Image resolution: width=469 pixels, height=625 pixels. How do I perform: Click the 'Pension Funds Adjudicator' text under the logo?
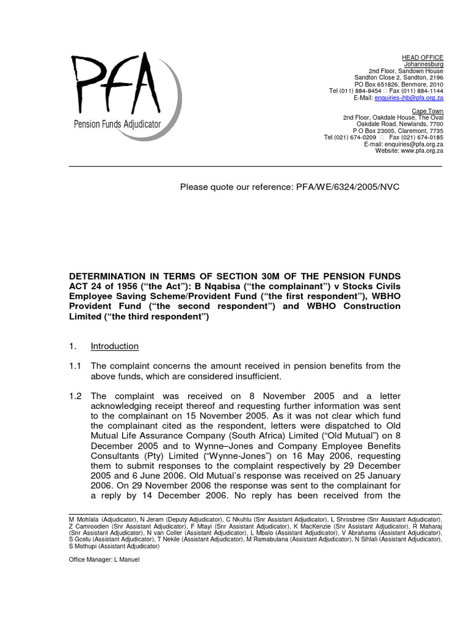pyautogui.click(x=117, y=124)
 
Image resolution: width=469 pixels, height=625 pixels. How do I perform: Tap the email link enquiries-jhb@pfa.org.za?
pyautogui.click(x=409, y=98)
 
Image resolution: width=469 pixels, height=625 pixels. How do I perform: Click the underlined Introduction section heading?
pyautogui.click(x=115, y=346)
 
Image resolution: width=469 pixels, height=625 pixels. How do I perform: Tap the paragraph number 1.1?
pyautogui.click(x=75, y=366)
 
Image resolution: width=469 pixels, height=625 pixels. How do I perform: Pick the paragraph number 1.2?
pyautogui.click(x=75, y=396)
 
